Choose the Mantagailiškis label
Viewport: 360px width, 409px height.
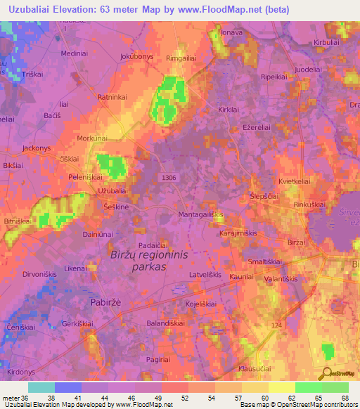(200, 214)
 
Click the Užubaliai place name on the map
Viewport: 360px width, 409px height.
(112, 191)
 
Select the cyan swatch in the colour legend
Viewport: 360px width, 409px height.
(41, 387)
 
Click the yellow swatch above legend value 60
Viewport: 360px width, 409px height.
(255, 387)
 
